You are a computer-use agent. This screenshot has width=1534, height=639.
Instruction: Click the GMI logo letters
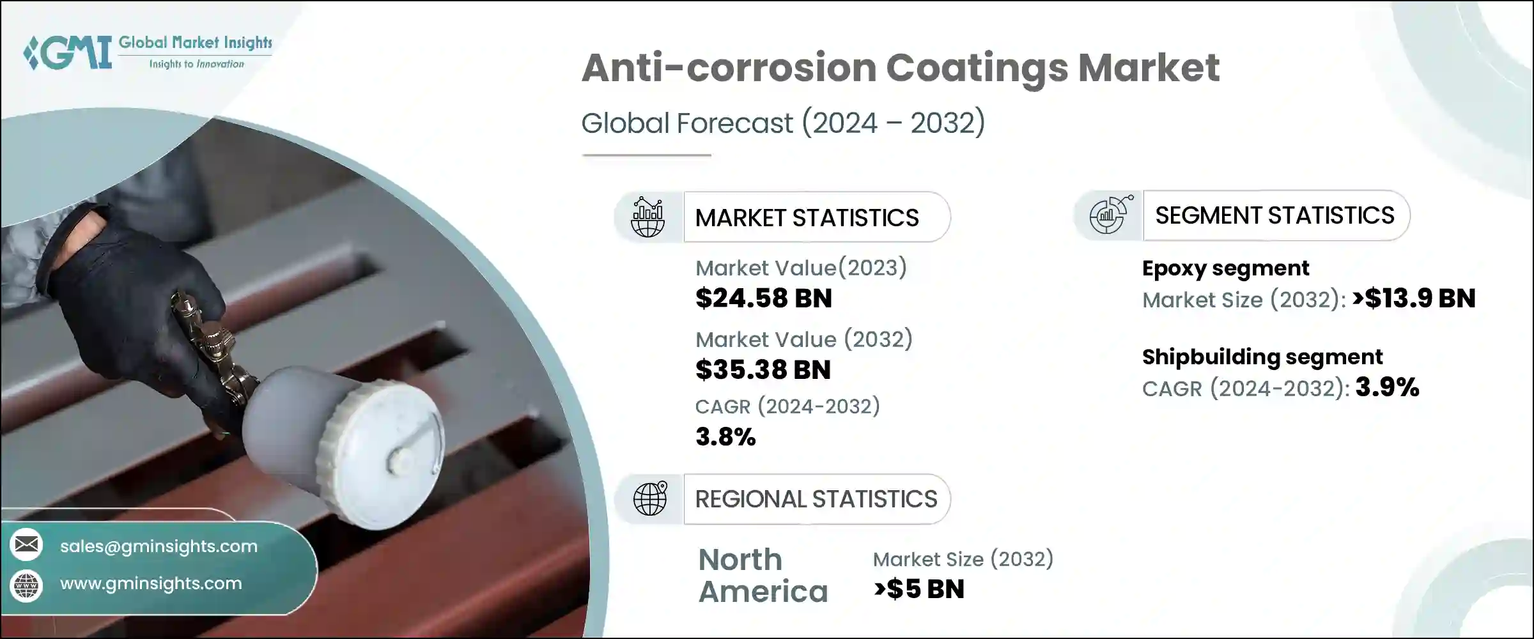(69, 52)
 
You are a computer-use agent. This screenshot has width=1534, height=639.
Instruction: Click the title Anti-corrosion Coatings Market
(900, 68)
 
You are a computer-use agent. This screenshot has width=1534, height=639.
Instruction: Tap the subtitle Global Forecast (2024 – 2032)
(783, 123)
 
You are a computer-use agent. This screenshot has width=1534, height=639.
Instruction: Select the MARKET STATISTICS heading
(807, 218)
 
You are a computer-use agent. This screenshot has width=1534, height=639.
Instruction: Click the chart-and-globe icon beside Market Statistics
(647, 217)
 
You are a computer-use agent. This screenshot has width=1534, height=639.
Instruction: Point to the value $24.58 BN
(763, 298)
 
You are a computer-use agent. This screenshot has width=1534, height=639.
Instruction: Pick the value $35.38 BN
(763, 370)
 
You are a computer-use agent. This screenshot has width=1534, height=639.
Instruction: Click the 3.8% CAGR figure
(725, 437)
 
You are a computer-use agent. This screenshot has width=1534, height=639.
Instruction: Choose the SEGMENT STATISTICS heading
(1274, 215)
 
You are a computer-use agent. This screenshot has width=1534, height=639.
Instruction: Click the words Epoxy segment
(1225, 268)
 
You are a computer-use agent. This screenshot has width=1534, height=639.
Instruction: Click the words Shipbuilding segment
(1262, 357)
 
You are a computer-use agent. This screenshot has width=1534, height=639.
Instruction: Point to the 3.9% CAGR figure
(1387, 387)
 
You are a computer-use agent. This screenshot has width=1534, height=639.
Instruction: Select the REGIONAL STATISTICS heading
(816, 499)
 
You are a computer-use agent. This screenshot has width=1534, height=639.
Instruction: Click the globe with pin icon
(650, 499)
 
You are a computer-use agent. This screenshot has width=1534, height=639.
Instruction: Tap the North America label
(763, 576)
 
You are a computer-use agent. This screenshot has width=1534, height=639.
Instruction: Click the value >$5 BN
(919, 589)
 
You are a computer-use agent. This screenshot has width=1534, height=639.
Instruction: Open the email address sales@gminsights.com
(159, 546)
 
